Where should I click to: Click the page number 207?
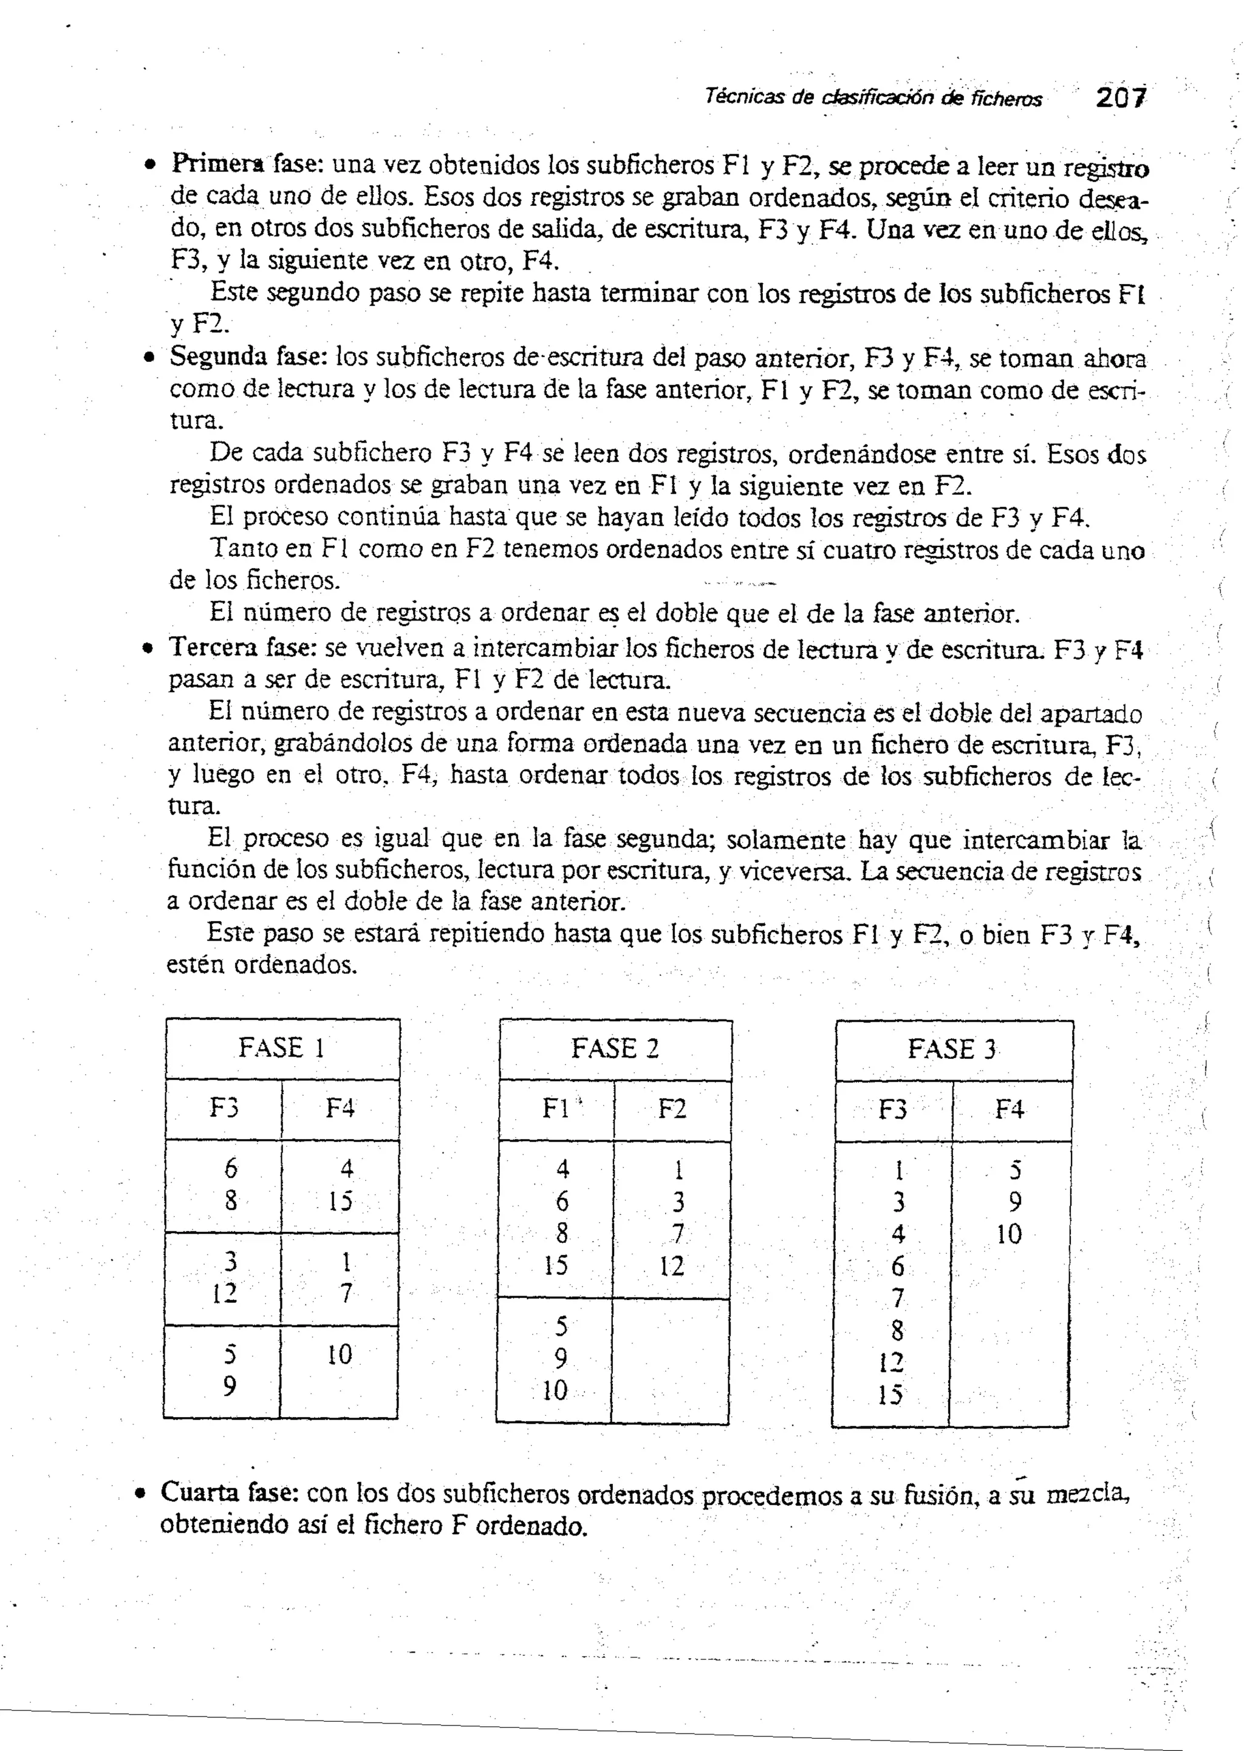click(1121, 98)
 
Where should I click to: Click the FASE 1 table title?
click(282, 1047)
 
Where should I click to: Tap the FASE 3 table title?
click(952, 1049)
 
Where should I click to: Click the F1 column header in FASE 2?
click(555, 1109)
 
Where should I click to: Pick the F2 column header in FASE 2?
click(672, 1109)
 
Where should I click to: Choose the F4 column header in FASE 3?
click(1009, 1109)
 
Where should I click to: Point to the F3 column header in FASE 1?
click(224, 1108)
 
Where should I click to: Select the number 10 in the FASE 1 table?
click(340, 1355)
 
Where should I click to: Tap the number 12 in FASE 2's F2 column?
click(672, 1266)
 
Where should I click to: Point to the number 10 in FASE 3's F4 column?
click(1009, 1234)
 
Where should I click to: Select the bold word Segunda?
click(219, 357)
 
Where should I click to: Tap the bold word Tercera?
click(213, 647)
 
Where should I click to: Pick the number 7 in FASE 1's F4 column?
click(346, 1293)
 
